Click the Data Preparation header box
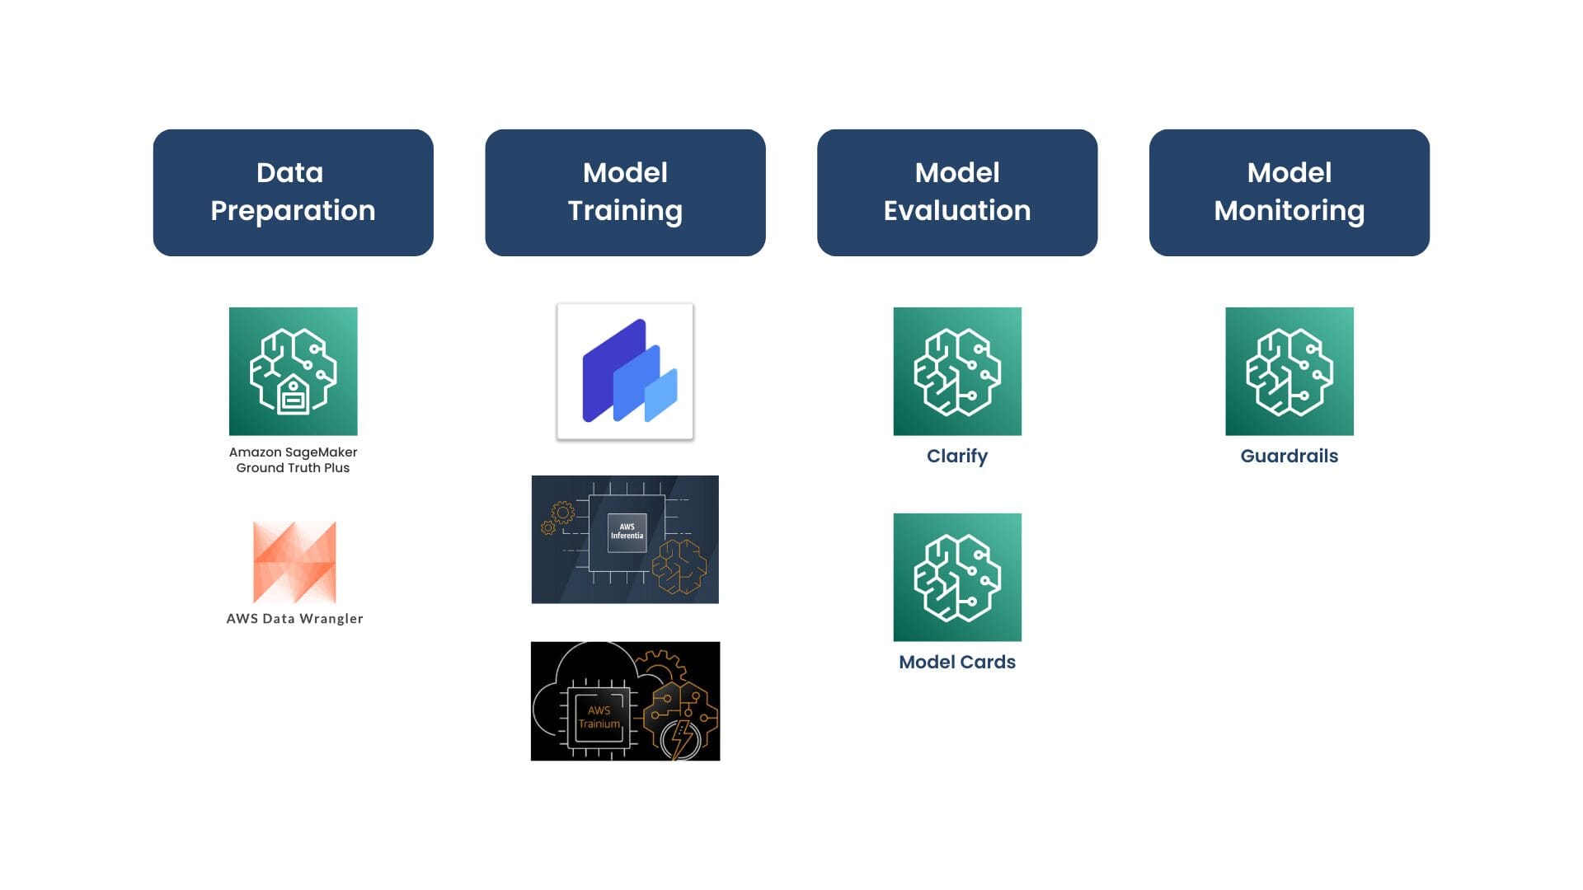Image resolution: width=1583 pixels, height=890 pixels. pos(293,192)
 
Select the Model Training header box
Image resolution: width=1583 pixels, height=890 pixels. pos(625,192)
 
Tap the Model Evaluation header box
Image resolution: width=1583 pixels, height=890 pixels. pos(957,192)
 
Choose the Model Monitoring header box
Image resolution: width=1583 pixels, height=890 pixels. pos(1289,192)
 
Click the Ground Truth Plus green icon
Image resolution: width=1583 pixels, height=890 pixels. pos(294,371)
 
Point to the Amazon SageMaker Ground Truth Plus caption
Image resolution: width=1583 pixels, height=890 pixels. pos(294,460)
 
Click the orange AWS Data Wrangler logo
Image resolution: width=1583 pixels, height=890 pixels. pos(294,562)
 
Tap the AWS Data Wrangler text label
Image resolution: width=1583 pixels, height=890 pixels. pos(294,618)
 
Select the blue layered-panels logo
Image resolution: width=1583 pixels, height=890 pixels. pos(625,371)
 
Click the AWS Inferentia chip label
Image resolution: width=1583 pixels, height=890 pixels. pos(627,532)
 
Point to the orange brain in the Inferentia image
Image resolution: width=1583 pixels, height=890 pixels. pos(679,566)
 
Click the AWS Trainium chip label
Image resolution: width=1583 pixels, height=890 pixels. pos(599,717)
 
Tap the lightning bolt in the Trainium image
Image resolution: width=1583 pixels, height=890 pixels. pos(681,738)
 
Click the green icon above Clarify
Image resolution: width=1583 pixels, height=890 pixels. pos(957,371)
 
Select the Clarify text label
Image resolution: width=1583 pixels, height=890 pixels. pos(957,457)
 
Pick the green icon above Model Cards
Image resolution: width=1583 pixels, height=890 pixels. pos(957,577)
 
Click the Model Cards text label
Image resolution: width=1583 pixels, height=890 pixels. pos(957,662)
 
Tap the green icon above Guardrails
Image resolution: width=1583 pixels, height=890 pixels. pos(1289,371)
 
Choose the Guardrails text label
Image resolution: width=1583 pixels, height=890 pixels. pos(1289,456)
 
